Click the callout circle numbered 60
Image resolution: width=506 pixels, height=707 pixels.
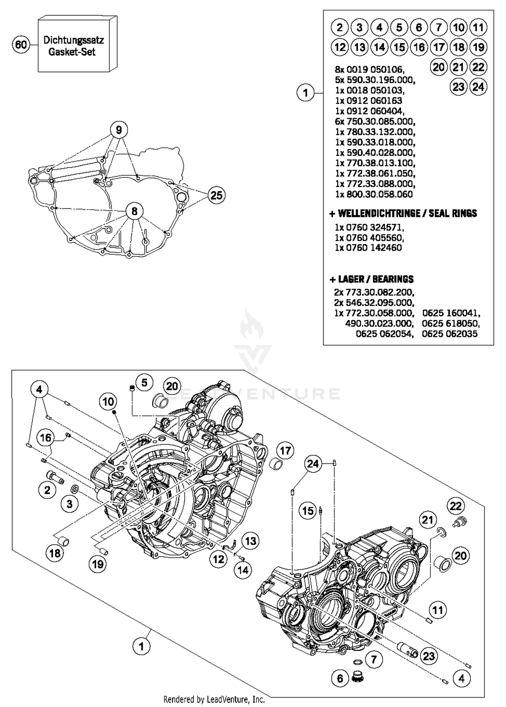(21, 45)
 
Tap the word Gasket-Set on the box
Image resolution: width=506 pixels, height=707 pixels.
(72, 52)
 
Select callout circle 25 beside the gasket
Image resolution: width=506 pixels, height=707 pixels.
(216, 195)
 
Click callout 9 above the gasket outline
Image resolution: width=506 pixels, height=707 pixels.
(119, 130)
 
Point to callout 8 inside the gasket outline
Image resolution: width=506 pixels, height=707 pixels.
(134, 211)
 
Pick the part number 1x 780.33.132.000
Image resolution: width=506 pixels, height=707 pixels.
(375, 132)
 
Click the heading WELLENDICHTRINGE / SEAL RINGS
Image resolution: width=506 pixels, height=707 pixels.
(403, 214)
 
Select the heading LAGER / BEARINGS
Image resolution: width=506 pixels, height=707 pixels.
(371, 279)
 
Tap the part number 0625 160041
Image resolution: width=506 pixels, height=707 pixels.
(451, 313)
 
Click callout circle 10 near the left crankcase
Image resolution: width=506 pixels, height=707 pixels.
(108, 402)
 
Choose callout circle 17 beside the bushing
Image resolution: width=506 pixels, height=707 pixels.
(285, 451)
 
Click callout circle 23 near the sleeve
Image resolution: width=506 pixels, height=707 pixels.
(429, 656)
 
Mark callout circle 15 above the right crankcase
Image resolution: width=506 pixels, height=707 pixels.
(308, 511)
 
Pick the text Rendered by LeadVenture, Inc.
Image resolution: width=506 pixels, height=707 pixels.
(214, 700)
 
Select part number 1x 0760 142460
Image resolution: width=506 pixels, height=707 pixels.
(368, 248)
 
